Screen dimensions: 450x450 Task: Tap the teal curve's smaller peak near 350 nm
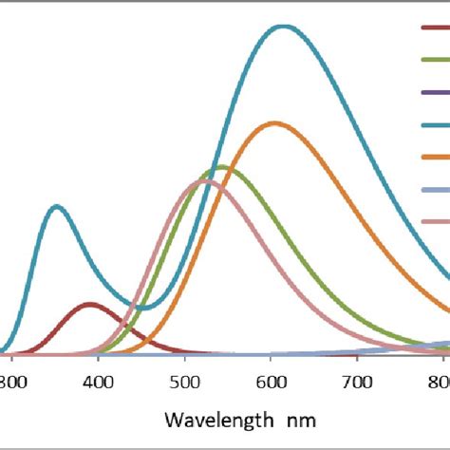coord(57,206)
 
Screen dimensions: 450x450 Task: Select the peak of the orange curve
coord(275,123)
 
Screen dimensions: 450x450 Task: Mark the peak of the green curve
coord(222,168)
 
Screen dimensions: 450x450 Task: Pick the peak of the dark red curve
coord(90,305)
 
